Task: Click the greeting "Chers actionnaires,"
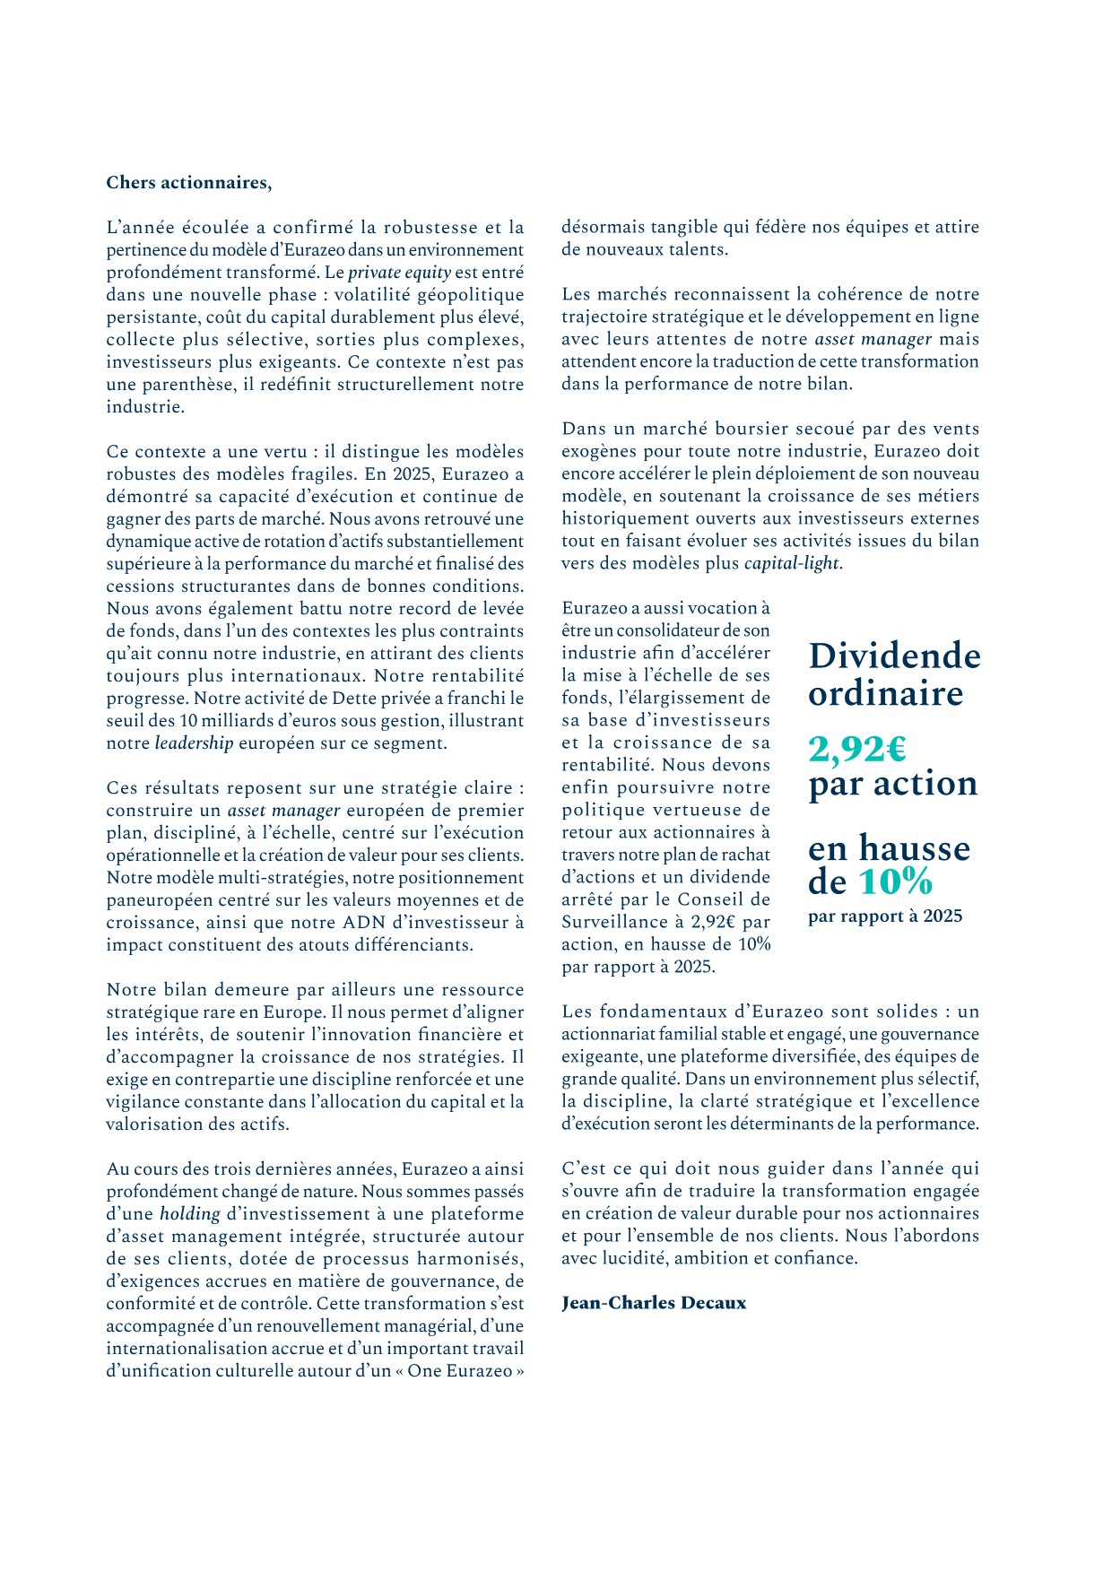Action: click(x=188, y=183)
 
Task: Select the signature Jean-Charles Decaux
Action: click(x=654, y=1303)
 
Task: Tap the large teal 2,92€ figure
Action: click(x=857, y=748)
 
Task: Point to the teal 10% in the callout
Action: click(x=896, y=882)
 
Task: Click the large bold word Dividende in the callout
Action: click(x=894, y=656)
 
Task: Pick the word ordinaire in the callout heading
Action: click(x=885, y=693)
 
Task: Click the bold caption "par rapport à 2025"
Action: click(x=884, y=916)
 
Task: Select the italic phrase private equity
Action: click(x=399, y=273)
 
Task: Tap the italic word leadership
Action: click(x=194, y=743)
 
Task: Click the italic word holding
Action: click(x=189, y=1214)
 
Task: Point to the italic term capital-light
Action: click(x=791, y=564)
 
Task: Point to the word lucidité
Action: click(x=630, y=1258)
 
